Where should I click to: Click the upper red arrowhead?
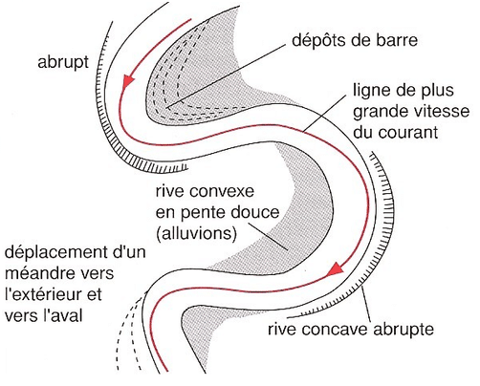point(128,81)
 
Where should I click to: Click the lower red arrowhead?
point(336,268)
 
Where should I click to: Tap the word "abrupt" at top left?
point(63,62)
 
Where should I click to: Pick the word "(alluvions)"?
point(196,233)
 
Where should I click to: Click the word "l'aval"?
point(63,314)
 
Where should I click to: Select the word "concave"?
point(337,330)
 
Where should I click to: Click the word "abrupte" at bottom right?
point(404,330)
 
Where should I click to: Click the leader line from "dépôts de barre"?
point(227,76)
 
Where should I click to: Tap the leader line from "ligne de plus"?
point(325,113)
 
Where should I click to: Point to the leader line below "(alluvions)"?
point(269,236)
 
